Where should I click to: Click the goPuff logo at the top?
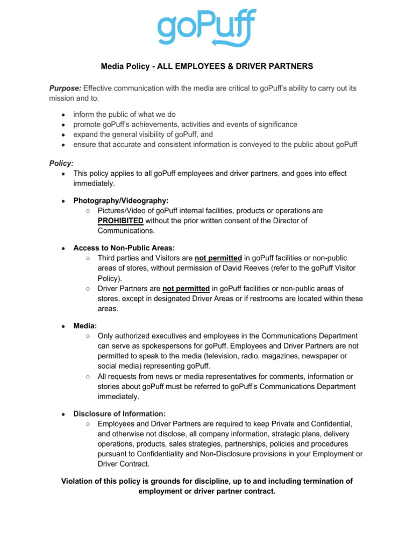point(206,28)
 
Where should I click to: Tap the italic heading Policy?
point(61,163)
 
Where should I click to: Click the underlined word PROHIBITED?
point(120,221)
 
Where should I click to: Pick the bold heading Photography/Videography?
point(117,200)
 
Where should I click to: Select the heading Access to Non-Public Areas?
point(124,248)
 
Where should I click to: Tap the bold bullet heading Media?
point(85,326)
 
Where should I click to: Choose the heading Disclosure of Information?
point(119,413)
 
